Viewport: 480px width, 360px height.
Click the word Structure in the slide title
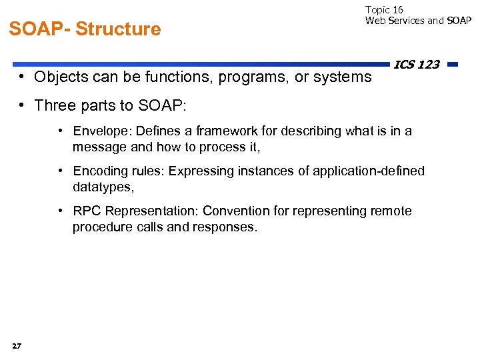point(118,29)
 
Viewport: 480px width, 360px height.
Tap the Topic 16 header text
point(384,9)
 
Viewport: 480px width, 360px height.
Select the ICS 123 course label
point(417,65)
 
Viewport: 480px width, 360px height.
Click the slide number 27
point(17,345)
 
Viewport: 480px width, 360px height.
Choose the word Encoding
point(99,171)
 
